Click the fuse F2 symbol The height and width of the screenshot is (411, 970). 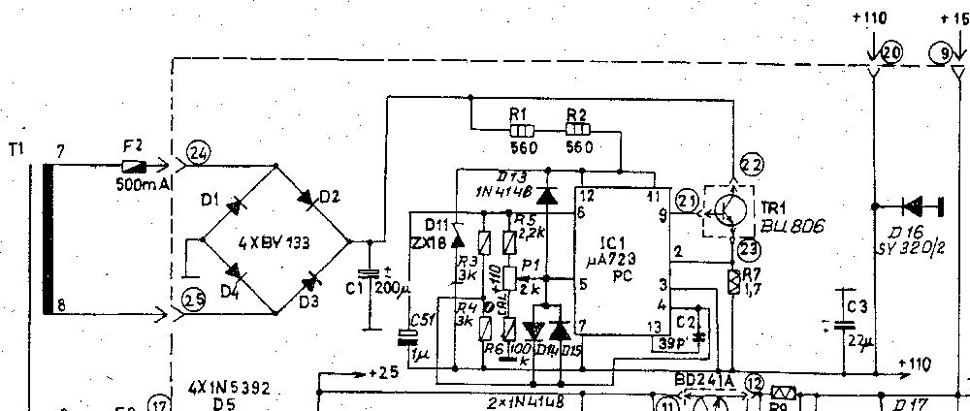coord(134,165)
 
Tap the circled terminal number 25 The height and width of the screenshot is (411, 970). coord(193,300)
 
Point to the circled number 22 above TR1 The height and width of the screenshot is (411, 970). coord(751,163)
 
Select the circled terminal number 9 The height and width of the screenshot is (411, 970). coord(938,55)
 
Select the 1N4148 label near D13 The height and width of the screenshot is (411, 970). coord(504,191)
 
